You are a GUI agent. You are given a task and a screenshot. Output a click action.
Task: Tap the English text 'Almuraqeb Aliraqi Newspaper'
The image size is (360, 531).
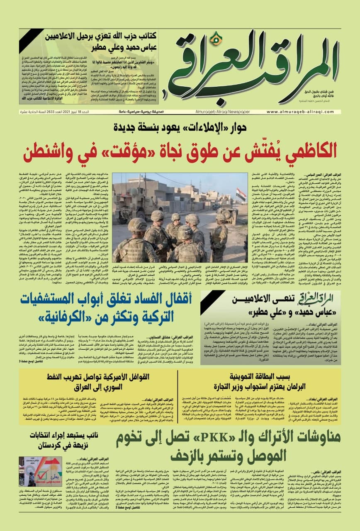(216, 112)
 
